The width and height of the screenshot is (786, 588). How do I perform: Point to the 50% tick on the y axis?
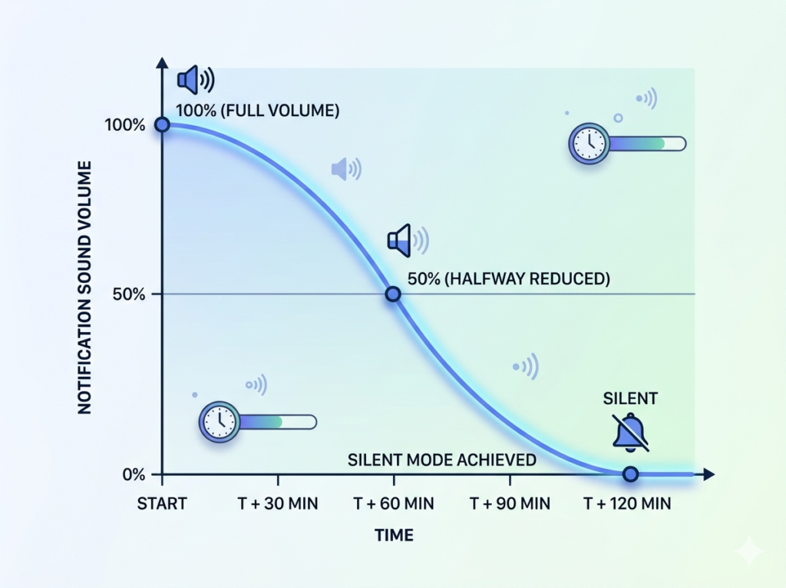coord(138,294)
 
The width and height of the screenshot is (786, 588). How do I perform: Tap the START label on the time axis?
coord(162,504)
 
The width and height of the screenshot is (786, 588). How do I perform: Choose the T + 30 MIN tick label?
coord(277,504)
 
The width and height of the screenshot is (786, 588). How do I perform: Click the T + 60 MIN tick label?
coord(394,504)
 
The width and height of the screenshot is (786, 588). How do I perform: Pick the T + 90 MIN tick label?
coord(510,504)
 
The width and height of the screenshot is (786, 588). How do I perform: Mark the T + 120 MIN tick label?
coord(627,504)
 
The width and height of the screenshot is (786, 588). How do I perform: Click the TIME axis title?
coord(394,535)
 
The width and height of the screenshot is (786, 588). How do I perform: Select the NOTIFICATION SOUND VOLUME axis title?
coord(85,287)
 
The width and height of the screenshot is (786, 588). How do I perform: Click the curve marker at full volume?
coord(162,125)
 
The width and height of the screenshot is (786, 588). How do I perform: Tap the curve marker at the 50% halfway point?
coord(392,294)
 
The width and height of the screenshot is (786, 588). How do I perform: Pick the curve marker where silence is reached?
coord(630,474)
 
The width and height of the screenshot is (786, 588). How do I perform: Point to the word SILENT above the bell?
coord(630,398)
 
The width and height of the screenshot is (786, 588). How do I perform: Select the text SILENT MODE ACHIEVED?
coord(441,460)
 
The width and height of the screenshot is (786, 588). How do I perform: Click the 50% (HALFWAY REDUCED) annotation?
coord(509,278)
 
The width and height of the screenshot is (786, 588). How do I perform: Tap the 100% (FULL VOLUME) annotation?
coord(258,111)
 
